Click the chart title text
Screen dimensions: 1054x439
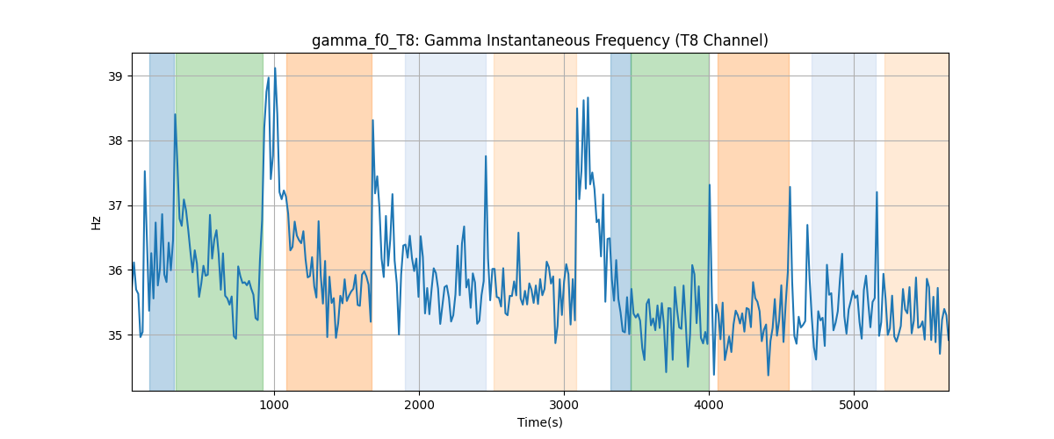point(539,41)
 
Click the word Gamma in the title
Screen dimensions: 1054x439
point(452,41)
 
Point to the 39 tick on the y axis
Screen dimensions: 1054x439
point(115,76)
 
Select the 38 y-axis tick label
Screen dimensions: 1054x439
point(115,141)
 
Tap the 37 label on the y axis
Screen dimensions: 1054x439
point(115,205)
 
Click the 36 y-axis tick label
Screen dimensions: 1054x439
point(115,270)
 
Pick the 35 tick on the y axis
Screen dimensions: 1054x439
point(115,335)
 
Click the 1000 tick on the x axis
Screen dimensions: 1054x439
point(274,405)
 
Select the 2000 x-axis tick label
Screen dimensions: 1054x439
point(419,405)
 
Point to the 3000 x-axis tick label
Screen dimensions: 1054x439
point(564,405)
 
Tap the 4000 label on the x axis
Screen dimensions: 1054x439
point(709,405)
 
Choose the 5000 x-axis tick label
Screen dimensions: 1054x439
point(854,405)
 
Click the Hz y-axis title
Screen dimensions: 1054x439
point(96,223)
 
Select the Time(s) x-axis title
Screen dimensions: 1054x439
point(539,422)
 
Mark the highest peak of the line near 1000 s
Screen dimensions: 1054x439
point(275,68)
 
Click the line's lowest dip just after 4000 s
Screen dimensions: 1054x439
point(714,375)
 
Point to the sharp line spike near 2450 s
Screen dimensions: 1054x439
point(486,156)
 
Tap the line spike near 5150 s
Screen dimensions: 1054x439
point(877,192)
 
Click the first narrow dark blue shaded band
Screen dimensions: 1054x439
point(162,221)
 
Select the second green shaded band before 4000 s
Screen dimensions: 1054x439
point(670,221)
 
